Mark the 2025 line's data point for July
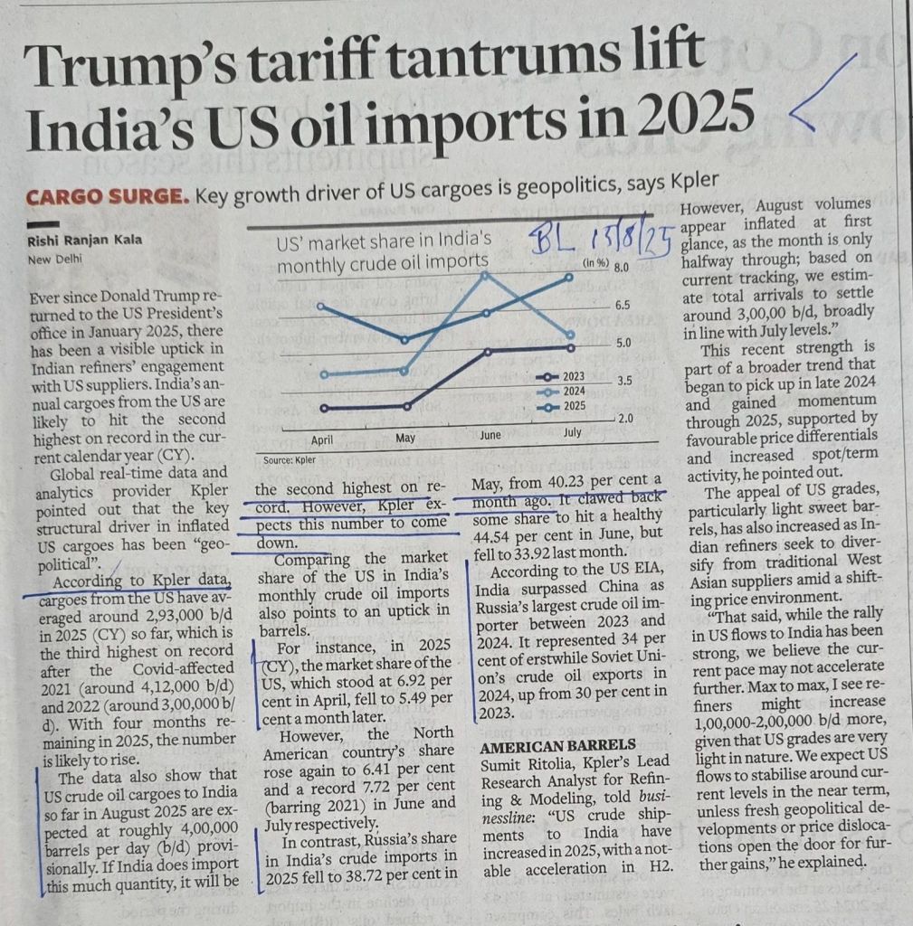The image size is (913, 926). coord(569,277)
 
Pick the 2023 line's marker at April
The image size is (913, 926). coord(323,407)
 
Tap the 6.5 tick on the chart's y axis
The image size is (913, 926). coord(623,306)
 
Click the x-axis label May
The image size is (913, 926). coord(405,439)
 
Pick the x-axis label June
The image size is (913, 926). coord(490,435)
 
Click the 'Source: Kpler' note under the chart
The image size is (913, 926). coord(286,459)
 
